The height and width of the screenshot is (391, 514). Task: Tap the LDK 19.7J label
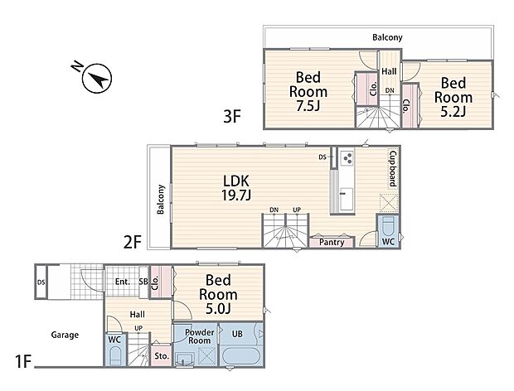(236, 188)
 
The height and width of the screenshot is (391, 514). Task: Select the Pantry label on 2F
(332, 243)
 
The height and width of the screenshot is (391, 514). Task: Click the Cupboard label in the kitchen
(393, 169)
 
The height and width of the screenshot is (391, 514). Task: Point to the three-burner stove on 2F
(347, 158)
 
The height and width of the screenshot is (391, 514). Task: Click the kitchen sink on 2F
(347, 199)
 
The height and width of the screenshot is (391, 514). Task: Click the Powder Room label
(199, 336)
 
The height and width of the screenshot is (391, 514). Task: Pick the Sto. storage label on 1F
(162, 356)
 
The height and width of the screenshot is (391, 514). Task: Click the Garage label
(65, 335)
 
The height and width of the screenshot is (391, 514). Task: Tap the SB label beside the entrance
(143, 282)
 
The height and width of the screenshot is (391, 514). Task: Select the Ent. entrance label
(123, 282)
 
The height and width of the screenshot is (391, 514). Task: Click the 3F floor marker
(232, 116)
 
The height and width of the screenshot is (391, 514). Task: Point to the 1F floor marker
(23, 362)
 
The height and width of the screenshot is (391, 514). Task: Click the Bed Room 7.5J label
(308, 91)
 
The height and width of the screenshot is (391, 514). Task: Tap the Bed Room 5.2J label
(453, 97)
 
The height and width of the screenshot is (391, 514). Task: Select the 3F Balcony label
(387, 37)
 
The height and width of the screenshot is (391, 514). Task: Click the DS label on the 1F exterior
(41, 282)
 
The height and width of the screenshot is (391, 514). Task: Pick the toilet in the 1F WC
(115, 356)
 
